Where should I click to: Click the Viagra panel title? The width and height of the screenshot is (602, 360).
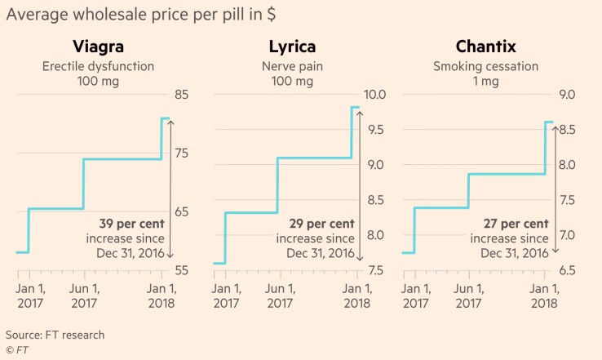pos(98,47)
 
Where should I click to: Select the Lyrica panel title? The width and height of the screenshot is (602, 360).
pos(292,47)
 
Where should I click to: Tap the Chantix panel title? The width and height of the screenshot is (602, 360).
pos(485,47)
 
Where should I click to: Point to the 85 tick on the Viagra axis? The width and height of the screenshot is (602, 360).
pos(182,95)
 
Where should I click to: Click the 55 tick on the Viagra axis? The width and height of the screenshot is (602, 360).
pos(182,270)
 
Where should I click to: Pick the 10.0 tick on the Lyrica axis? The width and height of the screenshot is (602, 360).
pos(374,95)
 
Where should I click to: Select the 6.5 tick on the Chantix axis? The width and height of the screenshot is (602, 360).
pos(567,270)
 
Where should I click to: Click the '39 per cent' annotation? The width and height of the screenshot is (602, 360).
pos(131,224)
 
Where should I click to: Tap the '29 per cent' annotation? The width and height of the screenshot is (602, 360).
pos(321,224)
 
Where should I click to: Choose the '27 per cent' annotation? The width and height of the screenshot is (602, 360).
pos(516,224)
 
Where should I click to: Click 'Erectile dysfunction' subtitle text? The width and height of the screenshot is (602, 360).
pos(98,66)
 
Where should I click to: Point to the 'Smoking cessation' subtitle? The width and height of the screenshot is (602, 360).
pos(485,66)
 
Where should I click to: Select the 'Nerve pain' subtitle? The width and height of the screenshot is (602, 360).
pos(292,66)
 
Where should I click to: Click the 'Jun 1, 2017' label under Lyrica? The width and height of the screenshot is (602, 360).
pos(280,296)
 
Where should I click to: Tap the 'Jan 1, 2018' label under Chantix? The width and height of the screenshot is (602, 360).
pos(544,296)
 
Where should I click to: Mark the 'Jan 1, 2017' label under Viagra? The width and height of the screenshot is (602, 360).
pos(30,296)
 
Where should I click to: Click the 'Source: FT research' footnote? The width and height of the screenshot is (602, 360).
pos(55,335)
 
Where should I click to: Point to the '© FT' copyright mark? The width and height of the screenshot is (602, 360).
pos(17,350)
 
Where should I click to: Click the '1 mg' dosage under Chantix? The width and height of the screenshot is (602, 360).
pos(485,82)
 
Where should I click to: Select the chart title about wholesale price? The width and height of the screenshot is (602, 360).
pos(141,15)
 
